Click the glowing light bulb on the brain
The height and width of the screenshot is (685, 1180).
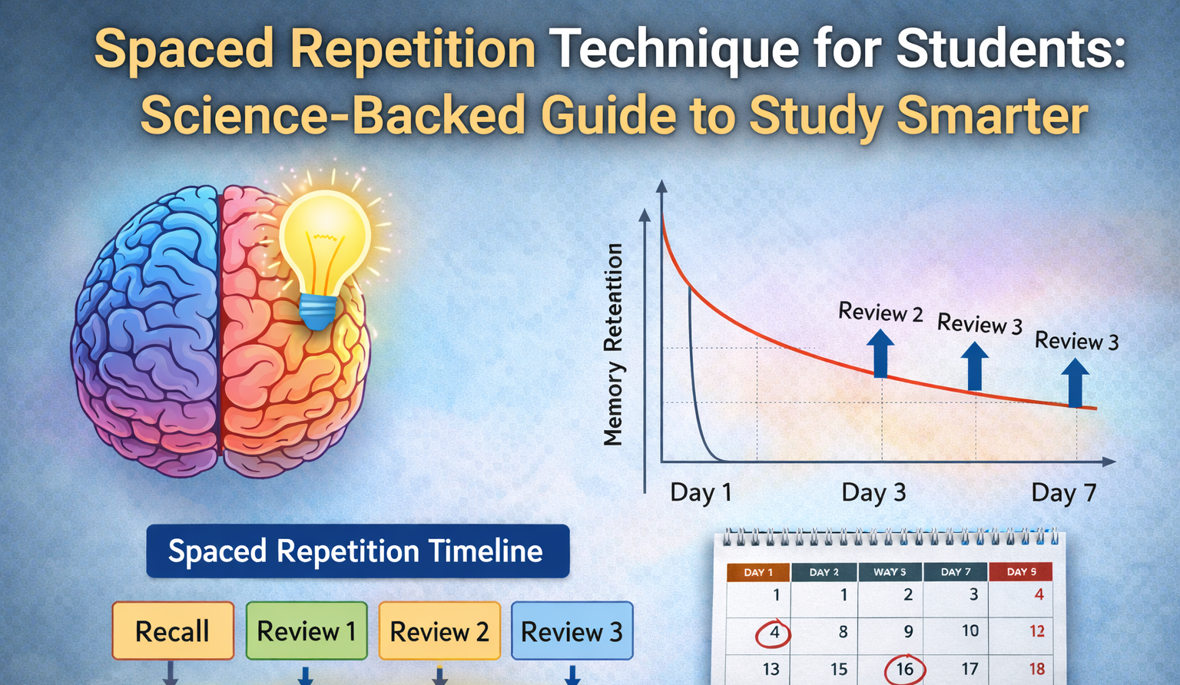pyautogui.click(x=324, y=238)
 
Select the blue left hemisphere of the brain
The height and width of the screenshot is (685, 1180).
pyautogui.click(x=146, y=323)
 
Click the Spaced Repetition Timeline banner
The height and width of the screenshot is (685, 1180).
pyautogui.click(x=357, y=551)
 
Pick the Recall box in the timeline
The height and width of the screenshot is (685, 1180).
pyautogui.click(x=173, y=631)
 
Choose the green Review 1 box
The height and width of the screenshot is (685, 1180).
pyautogui.click(x=307, y=631)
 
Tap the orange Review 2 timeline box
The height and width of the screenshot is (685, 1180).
pyautogui.click(x=439, y=631)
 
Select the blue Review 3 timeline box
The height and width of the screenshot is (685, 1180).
pyautogui.click(x=572, y=631)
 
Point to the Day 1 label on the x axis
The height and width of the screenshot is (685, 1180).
pyautogui.click(x=701, y=492)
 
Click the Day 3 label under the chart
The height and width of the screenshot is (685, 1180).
pyautogui.click(x=873, y=492)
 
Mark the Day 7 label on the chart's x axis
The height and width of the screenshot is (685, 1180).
pyautogui.click(x=1063, y=492)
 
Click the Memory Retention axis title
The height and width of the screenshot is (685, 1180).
pyautogui.click(x=613, y=345)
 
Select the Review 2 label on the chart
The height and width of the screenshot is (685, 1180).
pyautogui.click(x=880, y=312)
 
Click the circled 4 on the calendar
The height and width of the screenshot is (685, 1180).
pyautogui.click(x=774, y=634)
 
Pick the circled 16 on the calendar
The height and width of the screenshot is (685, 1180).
pyautogui.click(x=904, y=669)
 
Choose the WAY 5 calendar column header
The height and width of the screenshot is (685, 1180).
pyautogui.click(x=890, y=572)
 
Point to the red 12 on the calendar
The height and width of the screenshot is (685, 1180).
pyautogui.click(x=1036, y=631)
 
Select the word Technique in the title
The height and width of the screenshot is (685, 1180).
pyautogui.click(x=675, y=49)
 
